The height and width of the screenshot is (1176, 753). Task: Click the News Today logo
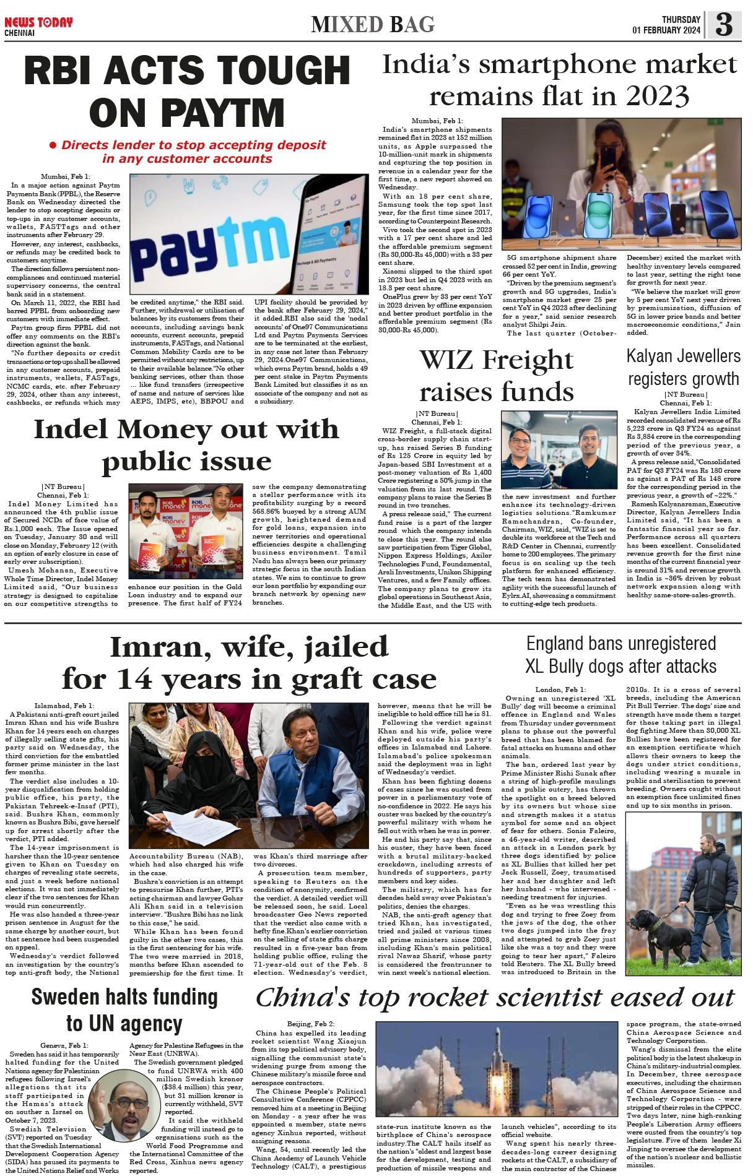(38, 23)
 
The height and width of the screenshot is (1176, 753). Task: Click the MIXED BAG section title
(373, 25)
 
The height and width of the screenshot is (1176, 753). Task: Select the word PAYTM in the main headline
(186, 113)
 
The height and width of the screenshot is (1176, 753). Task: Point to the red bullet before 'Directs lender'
(53, 145)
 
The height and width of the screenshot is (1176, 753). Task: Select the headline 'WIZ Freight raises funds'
(497, 375)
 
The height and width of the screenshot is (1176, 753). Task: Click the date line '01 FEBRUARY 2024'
(666, 30)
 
